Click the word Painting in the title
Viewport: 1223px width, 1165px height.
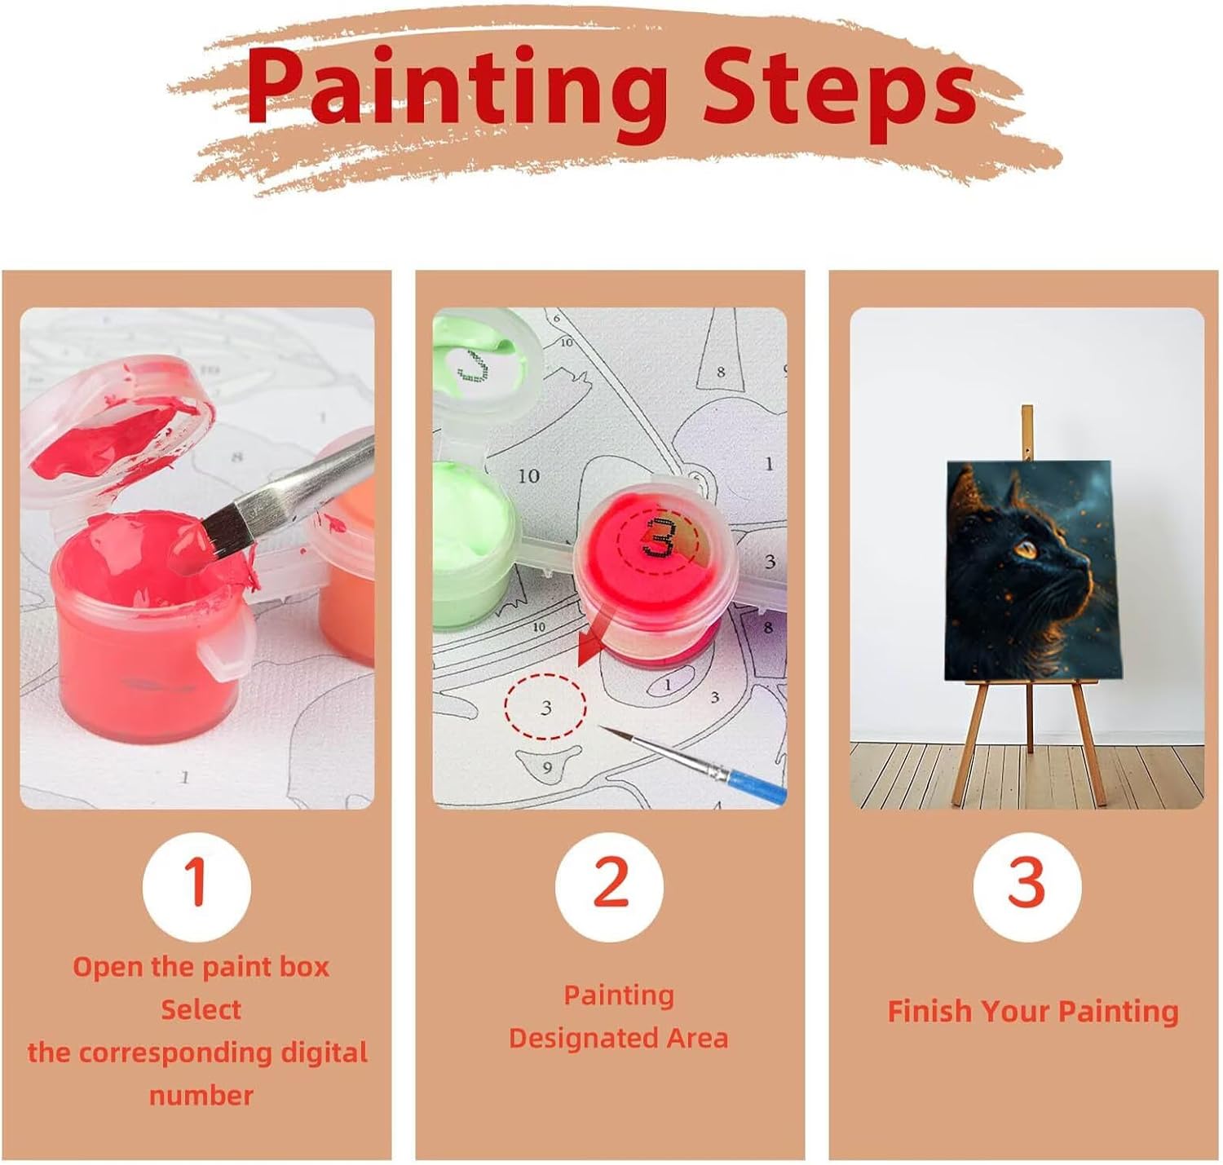click(457, 94)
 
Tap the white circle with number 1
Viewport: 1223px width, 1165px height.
click(196, 887)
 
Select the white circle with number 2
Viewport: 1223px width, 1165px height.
click(610, 887)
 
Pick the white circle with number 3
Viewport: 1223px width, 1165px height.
click(1027, 887)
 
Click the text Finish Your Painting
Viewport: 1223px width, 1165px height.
click(1033, 1012)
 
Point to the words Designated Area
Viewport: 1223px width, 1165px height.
click(618, 1038)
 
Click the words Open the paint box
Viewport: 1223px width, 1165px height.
click(201, 967)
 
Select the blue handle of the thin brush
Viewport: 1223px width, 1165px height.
click(757, 783)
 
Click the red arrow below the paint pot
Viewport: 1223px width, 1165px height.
click(595, 641)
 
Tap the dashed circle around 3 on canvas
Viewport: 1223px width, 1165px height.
click(545, 707)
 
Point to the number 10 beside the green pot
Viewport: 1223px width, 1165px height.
click(528, 476)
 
